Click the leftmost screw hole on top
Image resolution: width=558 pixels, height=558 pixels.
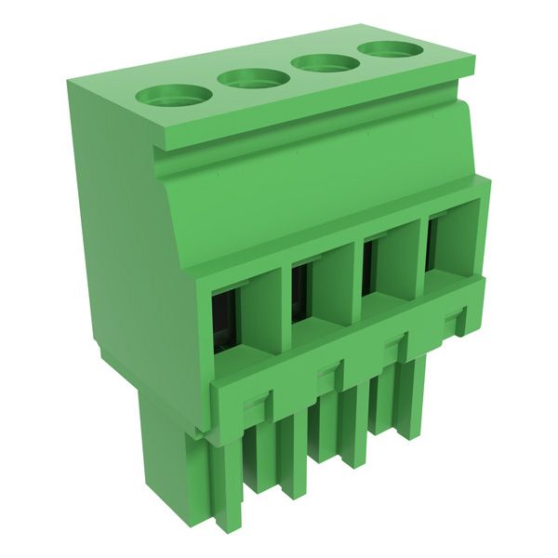click(174, 94)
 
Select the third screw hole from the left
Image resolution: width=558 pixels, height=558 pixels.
click(324, 62)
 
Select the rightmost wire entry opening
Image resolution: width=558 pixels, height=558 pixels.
click(432, 244)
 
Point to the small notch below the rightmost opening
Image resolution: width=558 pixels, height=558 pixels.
click(453, 322)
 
